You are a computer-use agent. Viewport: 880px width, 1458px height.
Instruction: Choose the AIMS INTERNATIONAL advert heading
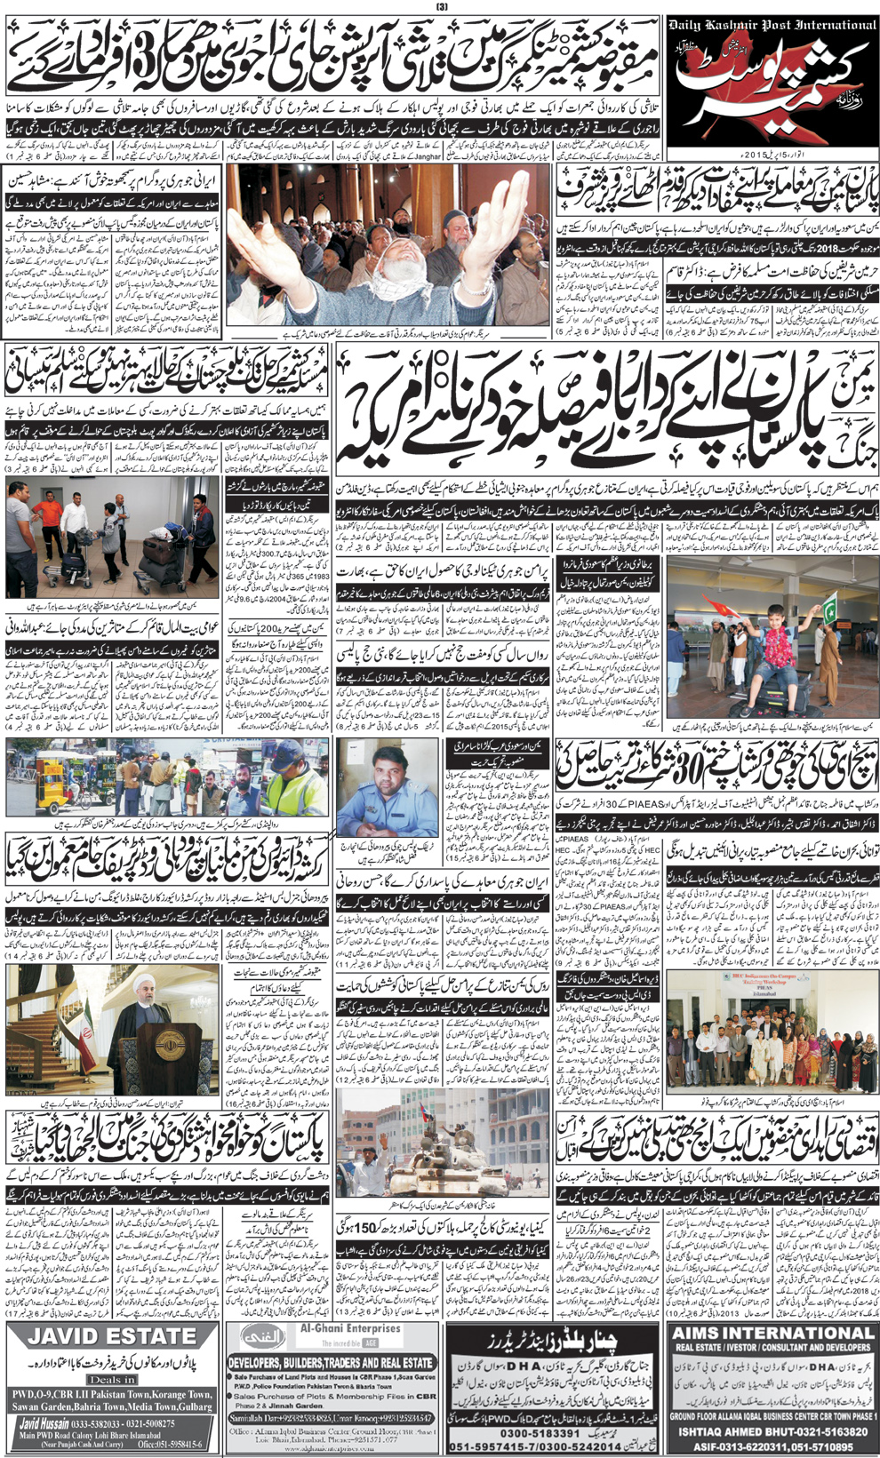[x=773, y=1332]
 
